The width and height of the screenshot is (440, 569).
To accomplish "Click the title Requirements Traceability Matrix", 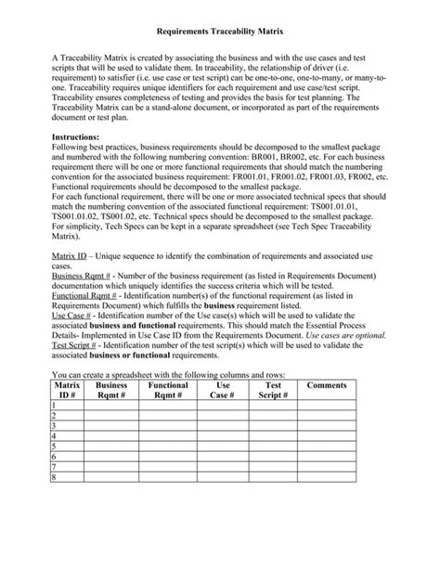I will coord(219,31).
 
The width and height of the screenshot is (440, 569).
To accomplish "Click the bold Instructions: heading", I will coord(81,136).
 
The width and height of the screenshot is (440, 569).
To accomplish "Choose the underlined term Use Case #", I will coord(71,317).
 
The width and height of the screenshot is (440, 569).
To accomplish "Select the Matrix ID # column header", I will coord(67,389).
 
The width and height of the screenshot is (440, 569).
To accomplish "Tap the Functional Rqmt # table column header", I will coord(167,389).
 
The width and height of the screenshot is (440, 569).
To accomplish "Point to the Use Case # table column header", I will coord(223,389).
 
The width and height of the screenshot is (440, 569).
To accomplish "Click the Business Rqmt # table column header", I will coord(111,389).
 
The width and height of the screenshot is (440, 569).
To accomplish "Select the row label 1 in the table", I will coord(56,406).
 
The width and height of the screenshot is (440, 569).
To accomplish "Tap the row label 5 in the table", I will coord(56,446).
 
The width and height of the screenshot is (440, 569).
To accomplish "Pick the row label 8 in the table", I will coord(56,478).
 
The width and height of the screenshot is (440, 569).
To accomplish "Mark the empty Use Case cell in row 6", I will coord(223,457).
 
